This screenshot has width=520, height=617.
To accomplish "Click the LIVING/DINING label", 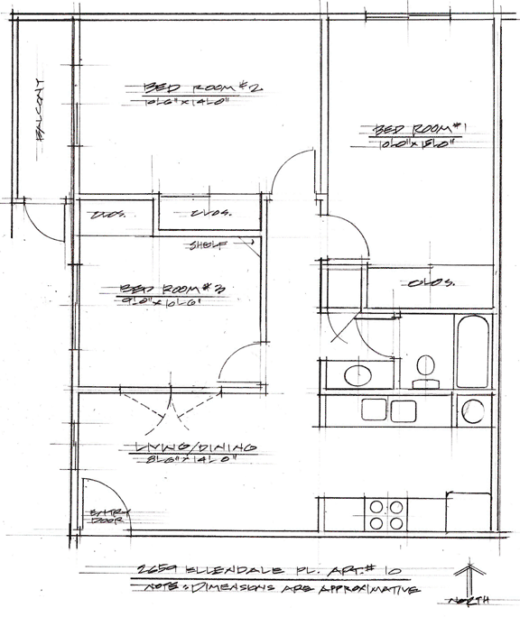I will (194, 447).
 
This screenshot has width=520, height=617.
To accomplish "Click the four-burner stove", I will (387, 513).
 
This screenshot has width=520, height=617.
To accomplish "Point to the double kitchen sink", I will (388, 410).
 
